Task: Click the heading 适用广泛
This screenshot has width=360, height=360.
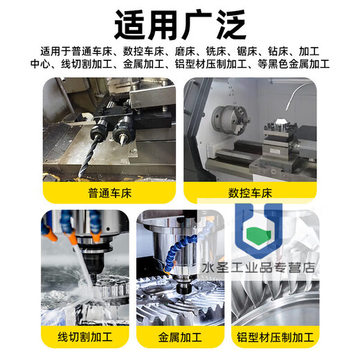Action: click(x=180, y=25)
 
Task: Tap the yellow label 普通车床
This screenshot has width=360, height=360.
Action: click(x=110, y=190)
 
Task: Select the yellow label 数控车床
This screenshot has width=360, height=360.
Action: click(x=249, y=190)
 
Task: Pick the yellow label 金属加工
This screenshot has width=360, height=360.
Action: click(x=180, y=339)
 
